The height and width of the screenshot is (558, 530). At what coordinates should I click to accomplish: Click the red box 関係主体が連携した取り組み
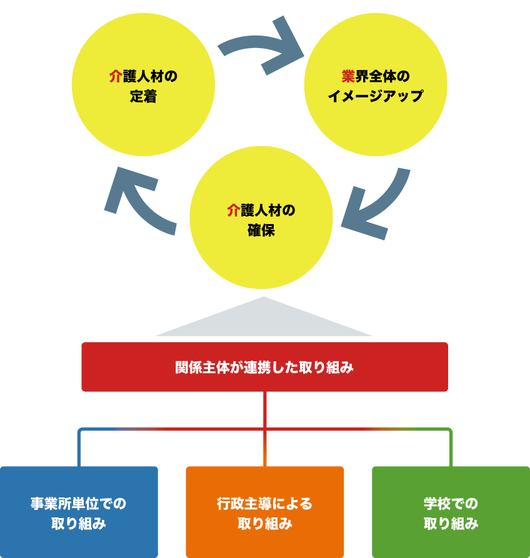(x=264, y=367)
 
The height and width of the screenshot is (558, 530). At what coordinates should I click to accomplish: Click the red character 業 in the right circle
(x=348, y=77)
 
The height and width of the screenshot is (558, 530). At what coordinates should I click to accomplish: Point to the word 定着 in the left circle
(x=144, y=97)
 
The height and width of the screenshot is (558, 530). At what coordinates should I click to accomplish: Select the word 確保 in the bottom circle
(x=261, y=230)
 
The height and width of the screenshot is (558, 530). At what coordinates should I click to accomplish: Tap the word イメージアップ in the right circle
(x=375, y=97)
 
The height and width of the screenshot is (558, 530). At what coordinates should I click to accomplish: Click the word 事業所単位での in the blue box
(x=79, y=503)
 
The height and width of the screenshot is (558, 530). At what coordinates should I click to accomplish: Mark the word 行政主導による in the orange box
(x=264, y=503)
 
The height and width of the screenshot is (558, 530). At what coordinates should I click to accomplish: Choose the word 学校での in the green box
(x=451, y=503)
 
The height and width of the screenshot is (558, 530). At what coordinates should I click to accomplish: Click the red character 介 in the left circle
(x=116, y=77)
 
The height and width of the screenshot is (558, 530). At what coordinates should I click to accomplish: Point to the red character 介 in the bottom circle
(x=233, y=210)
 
